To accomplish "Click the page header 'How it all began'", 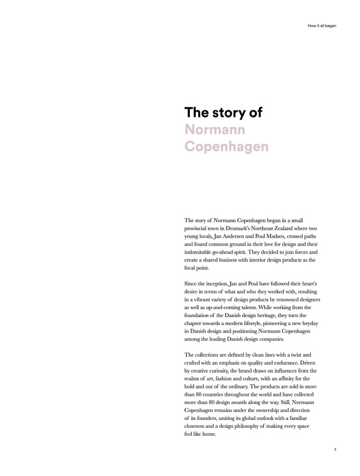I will (322, 26).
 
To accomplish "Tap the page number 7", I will (335, 450).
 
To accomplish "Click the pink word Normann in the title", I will (215, 130).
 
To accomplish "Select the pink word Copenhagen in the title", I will (226, 147).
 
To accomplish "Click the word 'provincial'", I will (197, 228).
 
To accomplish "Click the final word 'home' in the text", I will (210, 434).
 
